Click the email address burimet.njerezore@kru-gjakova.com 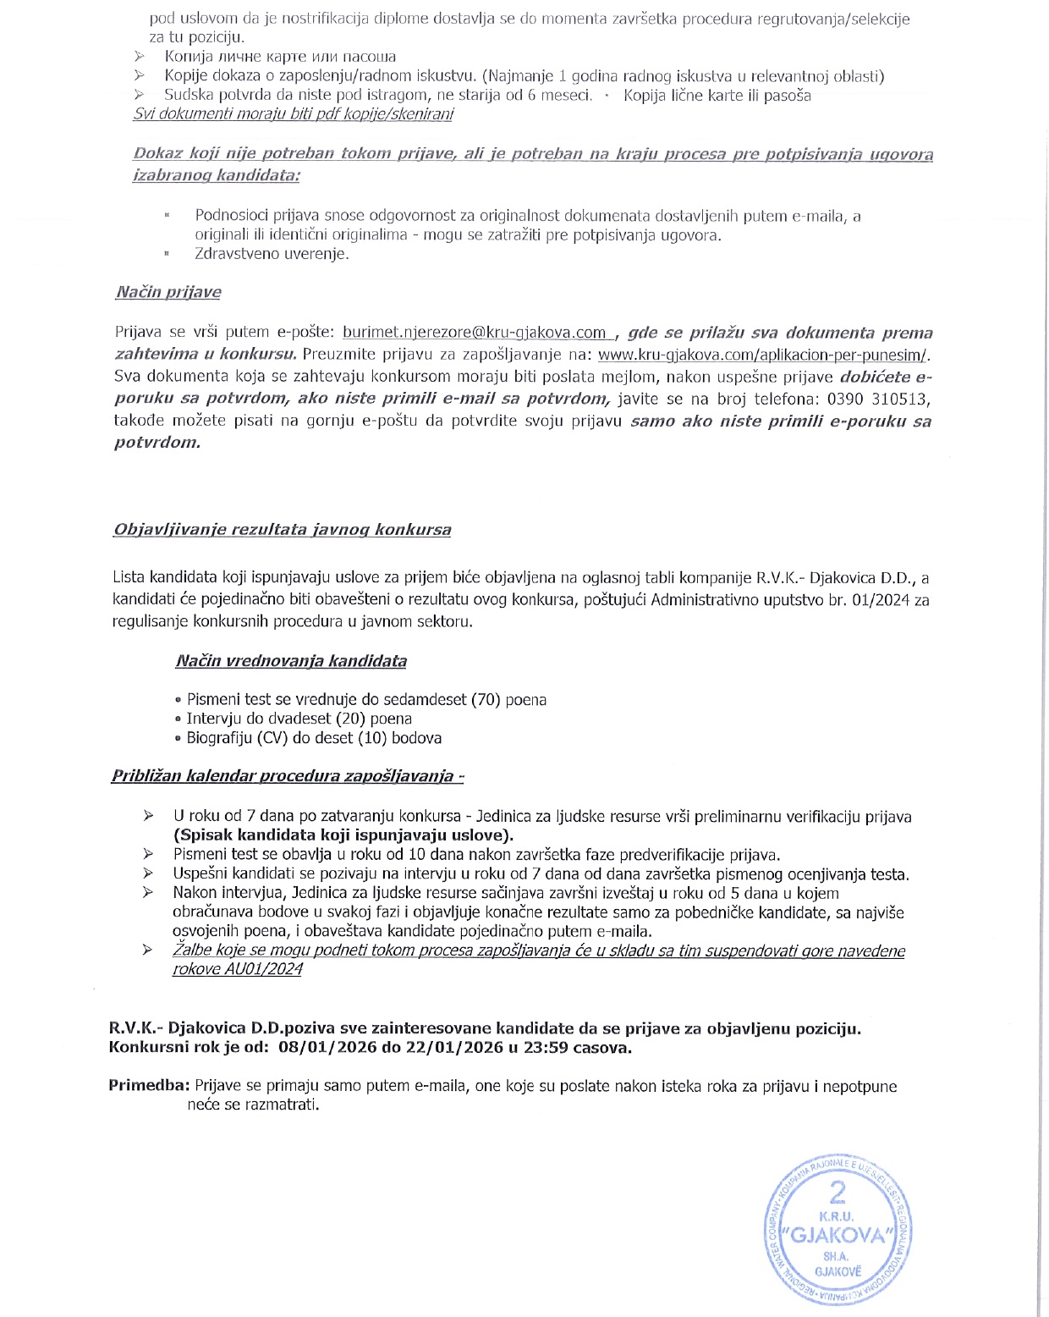475,333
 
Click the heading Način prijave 168,292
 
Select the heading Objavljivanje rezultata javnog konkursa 282,530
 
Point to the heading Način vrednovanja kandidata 291,661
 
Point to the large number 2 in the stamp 838,1192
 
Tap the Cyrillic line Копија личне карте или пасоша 280,57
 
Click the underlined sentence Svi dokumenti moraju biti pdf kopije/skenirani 293,114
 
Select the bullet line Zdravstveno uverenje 272,254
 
